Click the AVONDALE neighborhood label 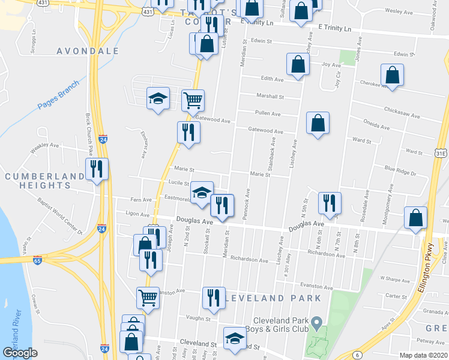click(x=88, y=51)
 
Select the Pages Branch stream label click(x=58, y=95)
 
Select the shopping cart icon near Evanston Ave click(x=148, y=296)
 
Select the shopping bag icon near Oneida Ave click(x=318, y=122)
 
